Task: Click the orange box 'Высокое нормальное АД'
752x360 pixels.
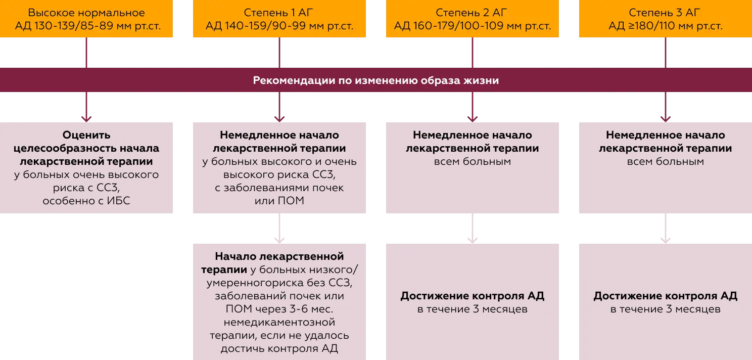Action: (x=86, y=20)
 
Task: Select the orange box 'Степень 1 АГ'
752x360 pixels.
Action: (x=279, y=20)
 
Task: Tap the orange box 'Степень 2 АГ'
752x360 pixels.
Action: (x=473, y=20)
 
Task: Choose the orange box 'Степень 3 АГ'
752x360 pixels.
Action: (x=665, y=20)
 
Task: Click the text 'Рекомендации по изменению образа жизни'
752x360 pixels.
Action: (x=376, y=80)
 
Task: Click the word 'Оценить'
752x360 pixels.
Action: (x=86, y=136)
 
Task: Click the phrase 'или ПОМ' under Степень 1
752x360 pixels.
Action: (x=279, y=201)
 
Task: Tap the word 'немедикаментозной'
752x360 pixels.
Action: (x=279, y=322)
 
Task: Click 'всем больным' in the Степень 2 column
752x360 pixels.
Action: (x=473, y=162)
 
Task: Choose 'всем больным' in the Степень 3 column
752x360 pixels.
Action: (x=665, y=162)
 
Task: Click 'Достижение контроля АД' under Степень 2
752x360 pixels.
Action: (x=473, y=296)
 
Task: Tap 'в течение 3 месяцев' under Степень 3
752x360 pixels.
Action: (x=665, y=309)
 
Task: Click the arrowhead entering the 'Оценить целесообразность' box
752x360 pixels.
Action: (x=86, y=118)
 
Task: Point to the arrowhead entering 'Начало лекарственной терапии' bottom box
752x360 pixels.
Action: (x=279, y=239)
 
